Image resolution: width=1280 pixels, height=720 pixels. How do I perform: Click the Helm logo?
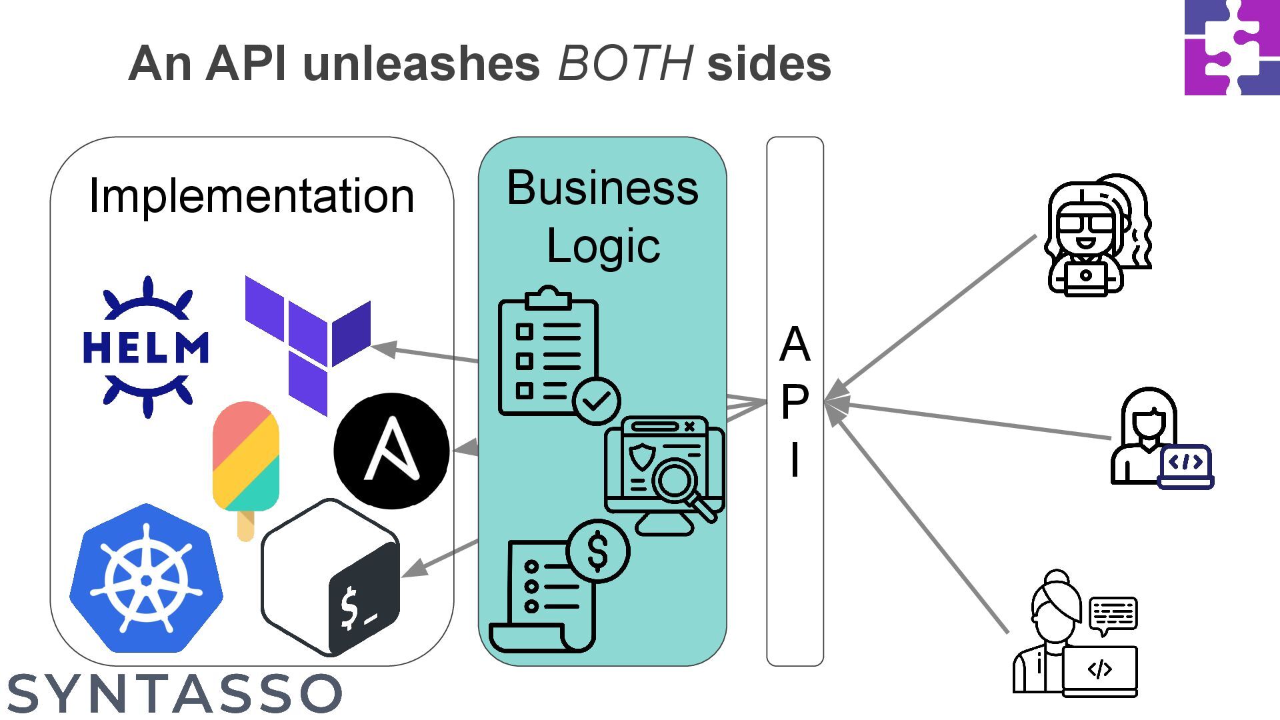(146, 347)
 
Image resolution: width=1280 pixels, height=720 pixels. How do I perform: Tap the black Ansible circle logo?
(391, 451)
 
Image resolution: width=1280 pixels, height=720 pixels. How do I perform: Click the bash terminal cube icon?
(331, 577)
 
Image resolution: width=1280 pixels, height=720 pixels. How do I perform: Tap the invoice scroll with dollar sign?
(559, 586)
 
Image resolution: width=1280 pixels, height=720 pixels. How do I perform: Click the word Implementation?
(251, 196)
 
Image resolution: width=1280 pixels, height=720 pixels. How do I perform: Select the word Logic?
(603, 247)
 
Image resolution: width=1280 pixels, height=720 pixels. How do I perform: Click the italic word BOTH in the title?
(625, 64)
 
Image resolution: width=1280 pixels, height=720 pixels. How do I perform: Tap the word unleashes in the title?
(421, 64)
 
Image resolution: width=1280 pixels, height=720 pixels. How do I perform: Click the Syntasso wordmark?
(175, 693)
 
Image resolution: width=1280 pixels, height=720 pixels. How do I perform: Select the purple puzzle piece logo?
(1232, 47)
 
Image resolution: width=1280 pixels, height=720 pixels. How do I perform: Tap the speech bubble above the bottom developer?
(1113, 615)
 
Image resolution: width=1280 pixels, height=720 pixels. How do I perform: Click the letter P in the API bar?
(795, 402)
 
